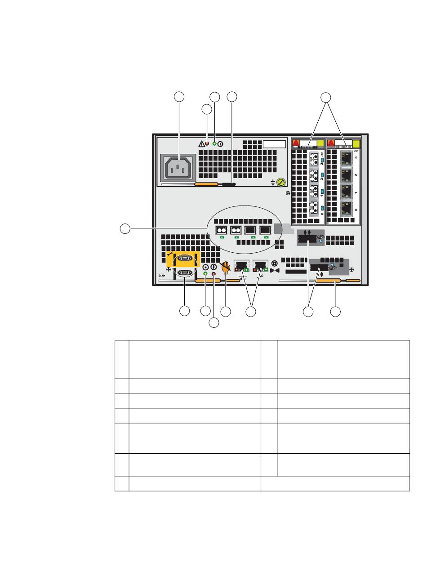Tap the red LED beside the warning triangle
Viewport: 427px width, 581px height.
coord(207,144)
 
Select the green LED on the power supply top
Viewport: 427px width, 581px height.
coord(214,144)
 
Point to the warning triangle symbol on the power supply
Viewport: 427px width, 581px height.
coord(201,144)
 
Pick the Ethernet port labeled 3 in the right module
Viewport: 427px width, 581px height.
coord(347,158)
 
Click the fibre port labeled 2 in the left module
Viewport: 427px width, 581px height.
coord(314,174)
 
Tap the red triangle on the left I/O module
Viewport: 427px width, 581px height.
coord(296,144)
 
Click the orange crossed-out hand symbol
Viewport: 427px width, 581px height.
coord(226,267)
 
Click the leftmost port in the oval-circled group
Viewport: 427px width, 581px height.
coord(221,231)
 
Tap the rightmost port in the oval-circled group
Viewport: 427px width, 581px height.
coord(265,231)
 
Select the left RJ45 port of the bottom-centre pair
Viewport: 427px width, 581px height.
coord(241,266)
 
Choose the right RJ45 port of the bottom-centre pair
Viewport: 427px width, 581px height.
coord(261,266)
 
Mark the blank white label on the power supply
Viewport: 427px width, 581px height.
coord(275,144)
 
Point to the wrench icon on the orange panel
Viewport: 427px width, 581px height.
coord(170,255)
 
